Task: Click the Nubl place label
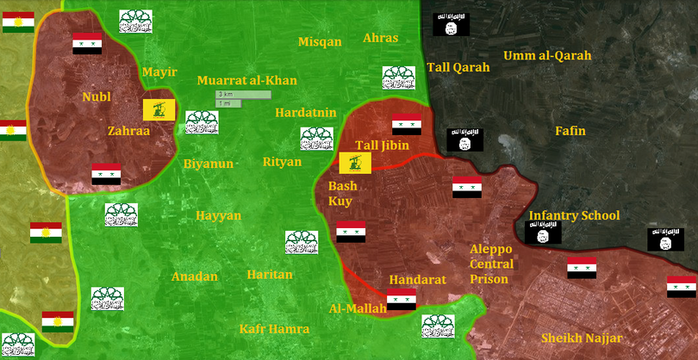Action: pos(97,96)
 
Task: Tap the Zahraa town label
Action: pos(128,132)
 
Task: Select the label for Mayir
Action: pos(159,72)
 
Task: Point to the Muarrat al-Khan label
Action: pos(246,81)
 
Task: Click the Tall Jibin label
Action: pos(383,146)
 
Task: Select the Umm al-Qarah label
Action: pos(547,56)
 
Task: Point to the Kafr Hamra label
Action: pos(273,328)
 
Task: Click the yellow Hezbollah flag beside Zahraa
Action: pos(159,109)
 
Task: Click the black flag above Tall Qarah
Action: pos(450,23)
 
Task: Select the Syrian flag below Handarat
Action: pos(401,300)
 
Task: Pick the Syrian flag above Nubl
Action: pos(87,43)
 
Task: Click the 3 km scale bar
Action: pos(243,94)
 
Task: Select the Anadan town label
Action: pos(194,276)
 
